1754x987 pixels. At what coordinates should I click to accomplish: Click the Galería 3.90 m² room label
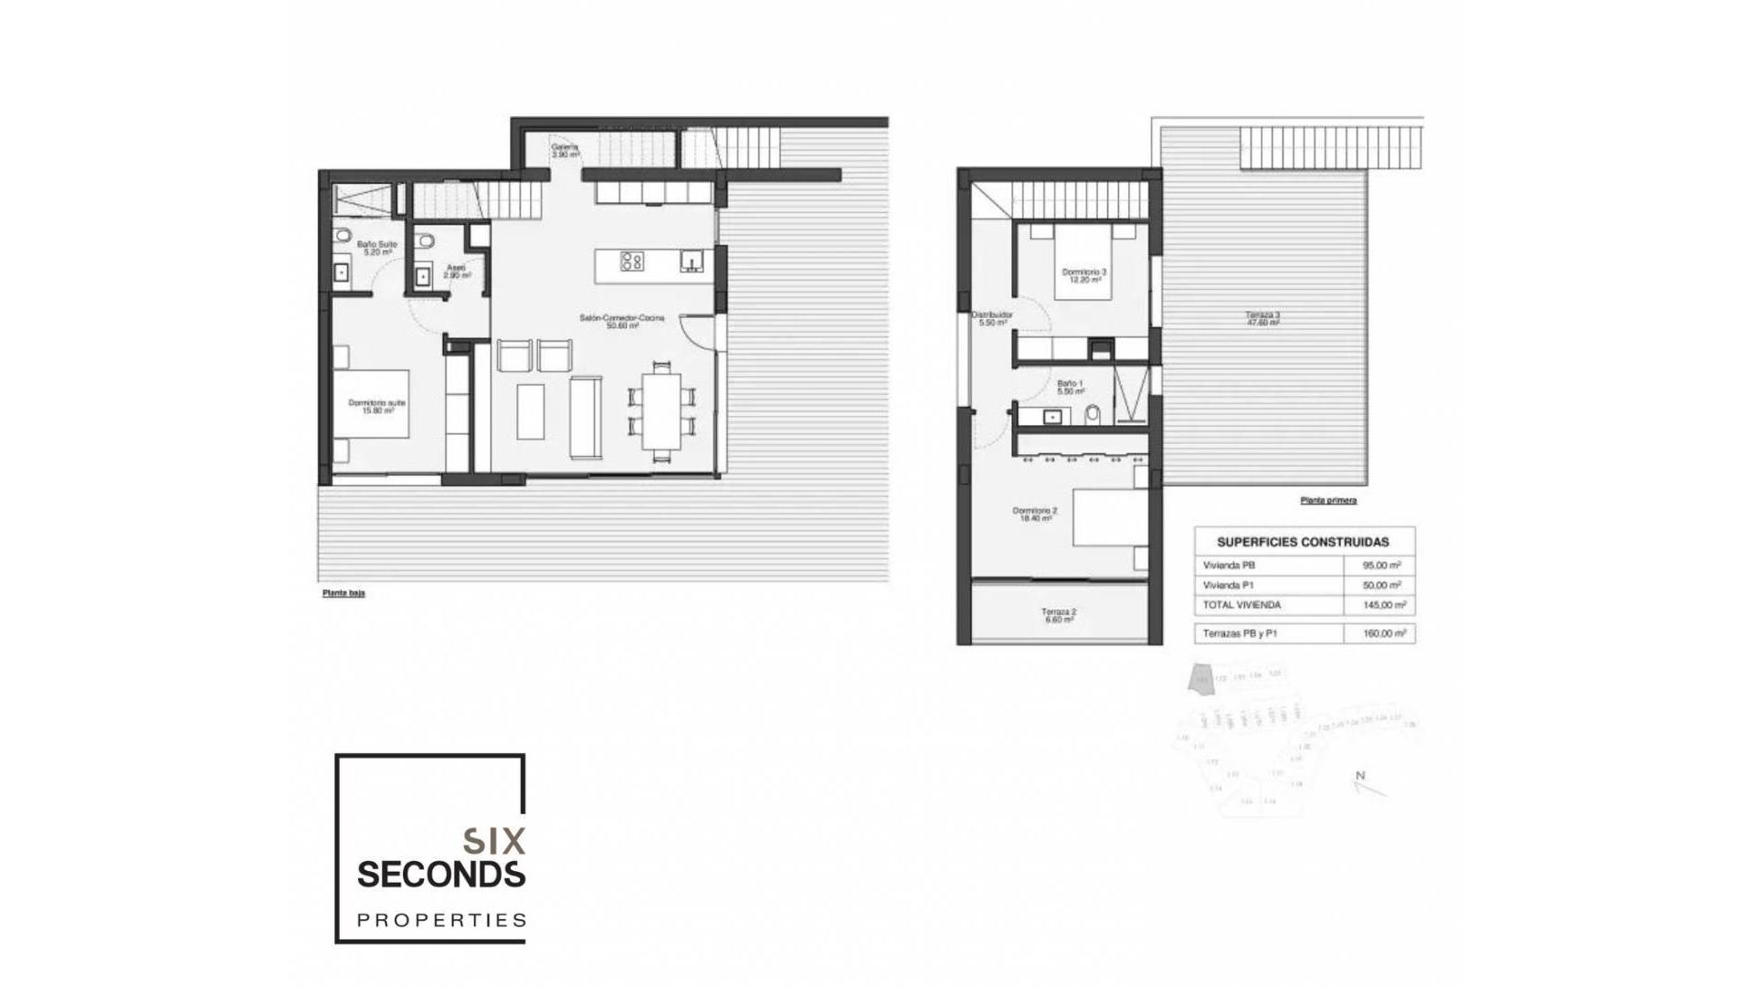pos(565,151)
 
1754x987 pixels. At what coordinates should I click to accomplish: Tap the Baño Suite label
pos(376,248)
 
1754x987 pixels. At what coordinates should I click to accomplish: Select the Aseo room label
pos(457,271)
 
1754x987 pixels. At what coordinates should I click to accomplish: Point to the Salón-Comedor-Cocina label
pos(621,321)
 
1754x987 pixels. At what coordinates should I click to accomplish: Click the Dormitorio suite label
pos(376,406)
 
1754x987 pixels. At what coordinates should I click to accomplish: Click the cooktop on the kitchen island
pos(632,261)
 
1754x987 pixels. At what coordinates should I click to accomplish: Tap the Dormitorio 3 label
pos(1083,275)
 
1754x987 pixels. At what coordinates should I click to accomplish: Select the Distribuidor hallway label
pos(992,318)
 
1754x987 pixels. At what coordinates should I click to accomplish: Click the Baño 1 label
pos(1070,387)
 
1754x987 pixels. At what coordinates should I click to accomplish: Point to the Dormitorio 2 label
pos(1035,514)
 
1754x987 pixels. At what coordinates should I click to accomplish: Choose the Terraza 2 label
pos(1059,615)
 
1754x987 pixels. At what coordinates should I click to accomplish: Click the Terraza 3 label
pos(1263,318)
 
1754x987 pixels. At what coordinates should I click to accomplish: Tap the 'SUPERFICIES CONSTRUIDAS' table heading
pos(1303,542)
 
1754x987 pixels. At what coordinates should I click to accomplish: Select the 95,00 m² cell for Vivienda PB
pos(1380,566)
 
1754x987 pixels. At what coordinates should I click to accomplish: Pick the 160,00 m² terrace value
pos(1383,633)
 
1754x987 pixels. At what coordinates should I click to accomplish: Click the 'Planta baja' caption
pos(343,593)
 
